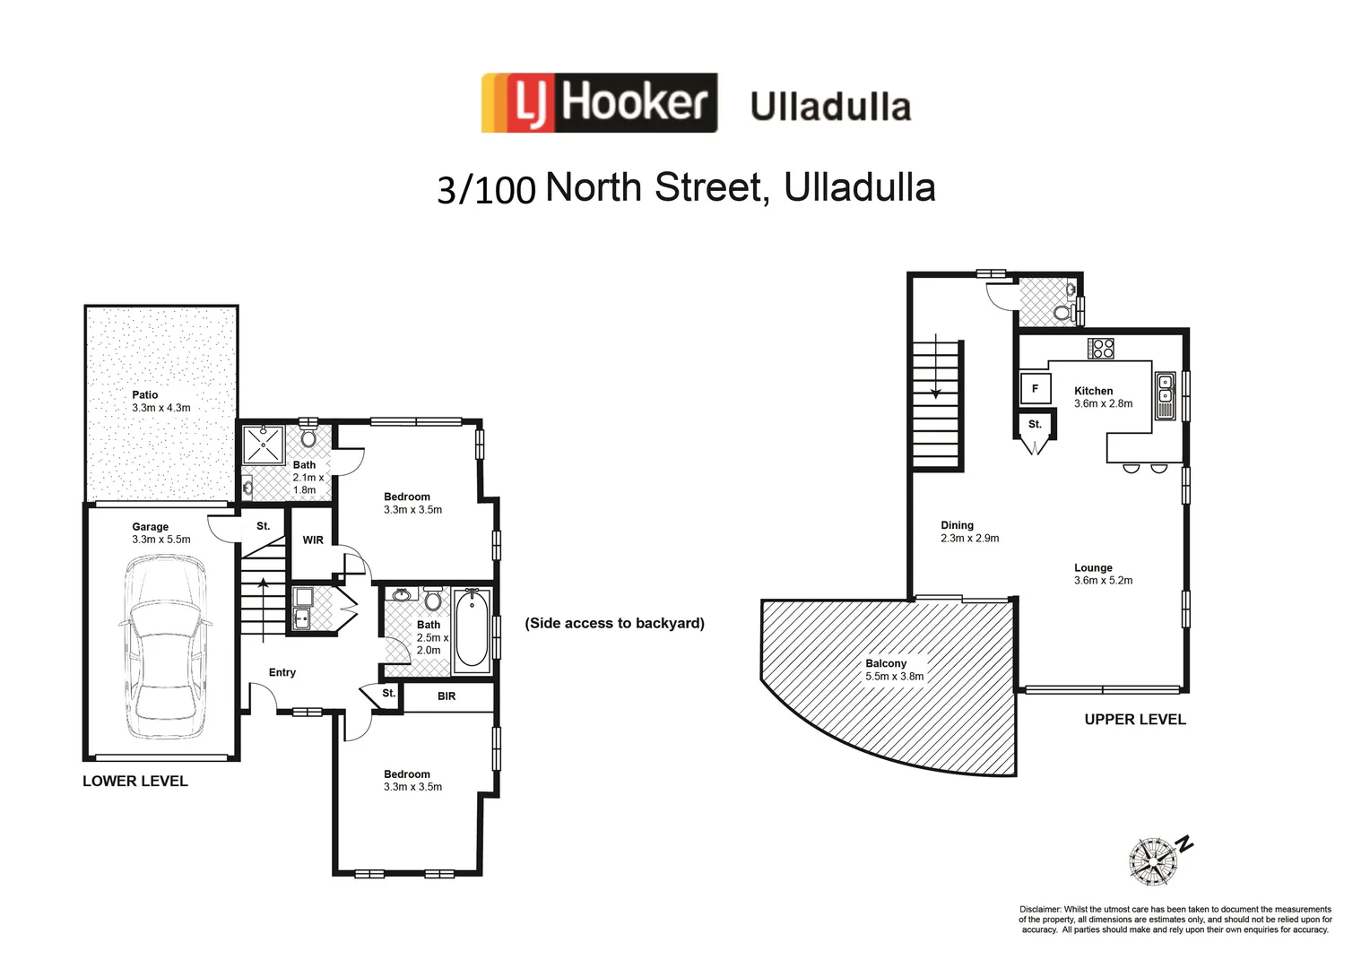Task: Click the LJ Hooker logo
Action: coord(599,103)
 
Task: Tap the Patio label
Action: coord(144,394)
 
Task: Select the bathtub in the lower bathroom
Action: coord(472,629)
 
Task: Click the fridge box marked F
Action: coord(1035,389)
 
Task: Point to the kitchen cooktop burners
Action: coord(1101,348)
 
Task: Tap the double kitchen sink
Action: coord(1165,395)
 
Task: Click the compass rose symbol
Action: coord(1152,861)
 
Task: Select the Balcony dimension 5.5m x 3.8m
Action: coord(894,677)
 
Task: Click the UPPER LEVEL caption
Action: coord(1134,719)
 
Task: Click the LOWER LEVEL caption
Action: coord(135,781)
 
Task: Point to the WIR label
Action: coord(313,540)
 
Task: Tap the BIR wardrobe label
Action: coord(447,696)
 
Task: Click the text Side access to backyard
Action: coord(615,623)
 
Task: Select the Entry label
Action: coord(282,672)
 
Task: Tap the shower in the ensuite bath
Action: coord(264,445)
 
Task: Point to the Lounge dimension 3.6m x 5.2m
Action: coord(1103,580)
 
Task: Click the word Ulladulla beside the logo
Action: coord(830,106)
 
